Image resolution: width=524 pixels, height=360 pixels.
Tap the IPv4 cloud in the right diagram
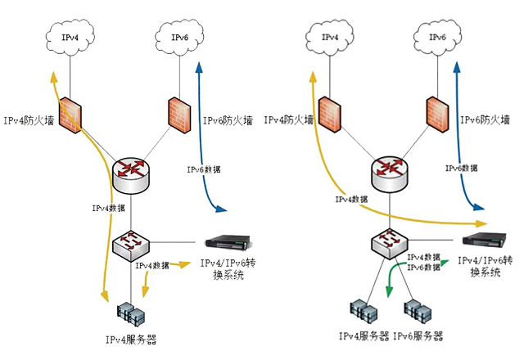click(330, 38)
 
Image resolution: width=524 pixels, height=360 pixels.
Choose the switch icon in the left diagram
click(129, 242)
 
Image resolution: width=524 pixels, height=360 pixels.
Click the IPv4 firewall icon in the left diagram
click(72, 114)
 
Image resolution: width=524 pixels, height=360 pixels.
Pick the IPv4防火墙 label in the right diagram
click(289, 119)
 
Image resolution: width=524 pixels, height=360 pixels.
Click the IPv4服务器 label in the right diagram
click(364, 336)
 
